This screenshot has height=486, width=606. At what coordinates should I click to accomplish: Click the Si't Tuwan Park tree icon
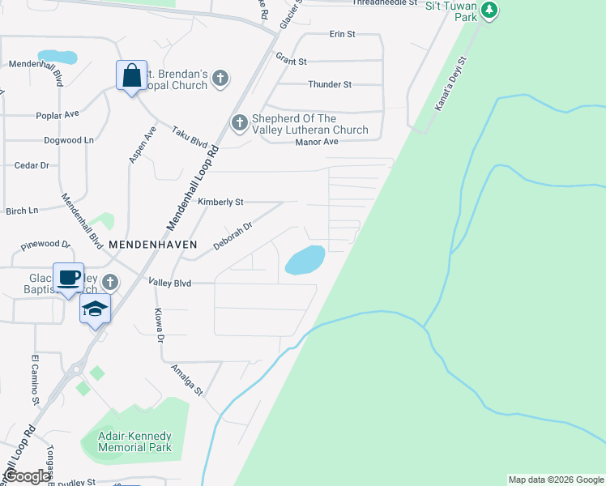point(488,11)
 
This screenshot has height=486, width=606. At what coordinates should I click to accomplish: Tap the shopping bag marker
point(131,76)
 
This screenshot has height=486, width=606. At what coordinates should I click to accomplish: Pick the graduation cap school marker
point(95,309)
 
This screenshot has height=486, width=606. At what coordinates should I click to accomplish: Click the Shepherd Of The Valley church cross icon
point(239,123)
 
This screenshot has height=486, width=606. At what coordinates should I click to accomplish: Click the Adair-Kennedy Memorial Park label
point(134,441)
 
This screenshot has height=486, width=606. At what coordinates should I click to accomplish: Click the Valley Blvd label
point(169,283)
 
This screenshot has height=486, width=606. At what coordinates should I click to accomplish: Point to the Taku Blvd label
point(189,134)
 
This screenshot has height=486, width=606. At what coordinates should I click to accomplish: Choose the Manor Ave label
point(319,141)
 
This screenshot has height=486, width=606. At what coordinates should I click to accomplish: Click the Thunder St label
point(330,84)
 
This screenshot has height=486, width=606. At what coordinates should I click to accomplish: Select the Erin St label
point(343,34)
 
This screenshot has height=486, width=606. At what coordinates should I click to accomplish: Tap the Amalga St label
point(186,380)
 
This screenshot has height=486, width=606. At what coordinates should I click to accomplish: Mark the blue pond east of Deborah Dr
point(305,260)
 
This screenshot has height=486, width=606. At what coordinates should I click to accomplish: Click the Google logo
point(26,476)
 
